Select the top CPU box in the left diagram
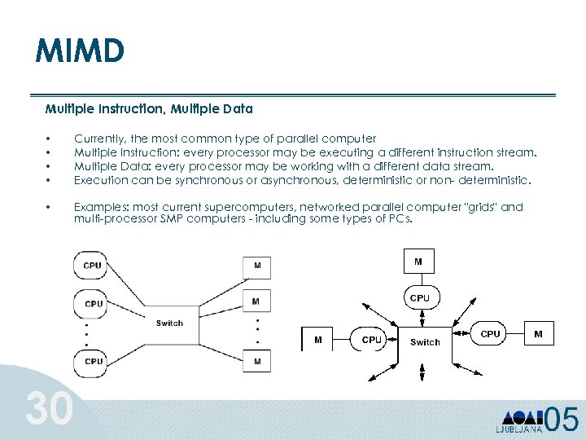93,265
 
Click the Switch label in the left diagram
169,323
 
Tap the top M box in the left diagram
256,266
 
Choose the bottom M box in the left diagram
256,360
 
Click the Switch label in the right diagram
425,342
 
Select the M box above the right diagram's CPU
418,262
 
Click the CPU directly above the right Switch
419,298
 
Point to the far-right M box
538,334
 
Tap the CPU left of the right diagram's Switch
371,340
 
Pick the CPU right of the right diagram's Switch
490,334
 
